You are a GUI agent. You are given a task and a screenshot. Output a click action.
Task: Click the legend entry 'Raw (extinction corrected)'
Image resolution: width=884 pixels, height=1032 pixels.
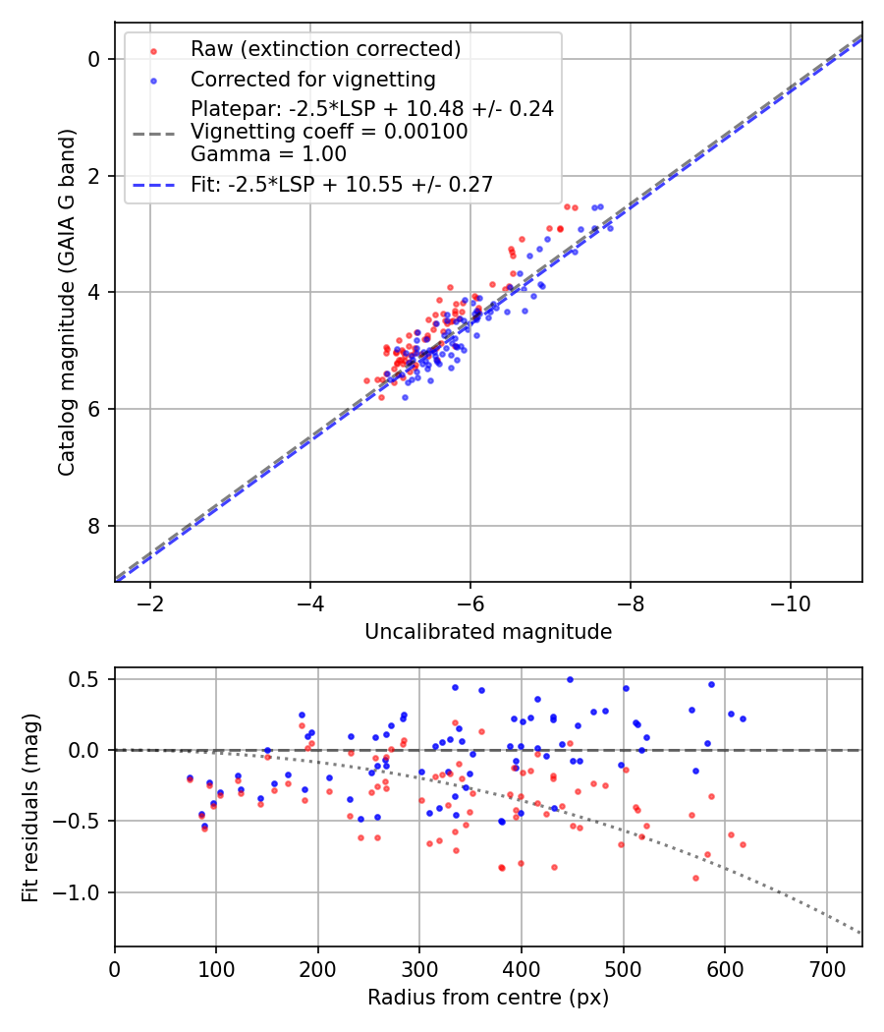(x=325, y=49)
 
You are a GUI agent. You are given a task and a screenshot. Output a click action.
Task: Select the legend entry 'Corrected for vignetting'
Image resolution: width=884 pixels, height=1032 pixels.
(x=313, y=79)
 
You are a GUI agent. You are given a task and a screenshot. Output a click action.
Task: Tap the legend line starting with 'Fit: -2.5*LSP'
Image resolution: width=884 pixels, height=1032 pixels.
(x=342, y=184)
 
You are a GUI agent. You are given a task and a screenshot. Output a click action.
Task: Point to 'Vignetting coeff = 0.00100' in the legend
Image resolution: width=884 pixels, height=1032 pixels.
(x=329, y=131)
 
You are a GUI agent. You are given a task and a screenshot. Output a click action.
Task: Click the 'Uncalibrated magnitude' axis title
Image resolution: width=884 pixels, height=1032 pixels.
(x=488, y=632)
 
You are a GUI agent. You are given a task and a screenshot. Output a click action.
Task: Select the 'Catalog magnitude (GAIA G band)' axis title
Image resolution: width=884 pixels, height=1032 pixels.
(x=67, y=302)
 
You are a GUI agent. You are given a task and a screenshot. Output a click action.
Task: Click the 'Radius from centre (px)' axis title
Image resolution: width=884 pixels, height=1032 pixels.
(x=488, y=998)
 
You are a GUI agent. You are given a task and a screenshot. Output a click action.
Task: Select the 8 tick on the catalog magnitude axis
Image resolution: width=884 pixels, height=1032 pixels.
(x=94, y=526)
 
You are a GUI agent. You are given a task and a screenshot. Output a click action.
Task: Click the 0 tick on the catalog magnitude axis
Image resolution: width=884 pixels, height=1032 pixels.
(x=94, y=59)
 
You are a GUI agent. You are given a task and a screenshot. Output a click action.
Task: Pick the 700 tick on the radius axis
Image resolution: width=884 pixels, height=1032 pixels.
(x=826, y=967)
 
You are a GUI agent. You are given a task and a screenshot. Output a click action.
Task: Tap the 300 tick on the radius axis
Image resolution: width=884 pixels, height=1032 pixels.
(x=419, y=967)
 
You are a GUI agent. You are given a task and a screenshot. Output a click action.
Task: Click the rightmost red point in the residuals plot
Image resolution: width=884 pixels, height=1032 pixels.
(x=743, y=844)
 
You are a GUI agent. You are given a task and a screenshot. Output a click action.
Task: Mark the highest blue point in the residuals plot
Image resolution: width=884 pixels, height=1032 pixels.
(x=570, y=679)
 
